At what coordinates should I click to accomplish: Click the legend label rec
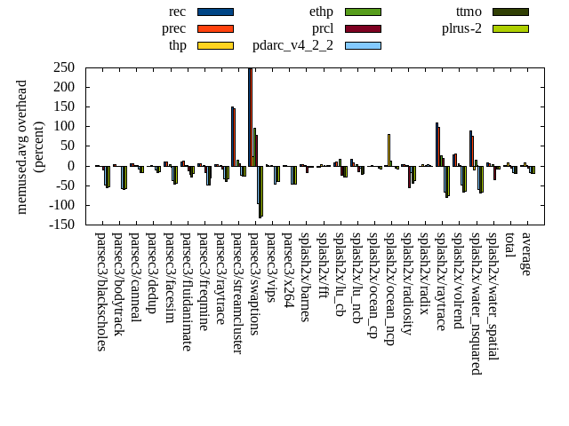(x=177, y=12)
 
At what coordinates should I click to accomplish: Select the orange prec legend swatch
(x=215, y=28)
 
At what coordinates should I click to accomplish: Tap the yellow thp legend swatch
(x=215, y=45)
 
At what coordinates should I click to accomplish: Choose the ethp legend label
(x=321, y=12)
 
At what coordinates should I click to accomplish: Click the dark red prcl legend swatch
(x=363, y=28)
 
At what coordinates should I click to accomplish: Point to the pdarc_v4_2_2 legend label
(x=293, y=45)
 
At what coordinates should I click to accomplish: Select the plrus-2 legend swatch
(x=510, y=28)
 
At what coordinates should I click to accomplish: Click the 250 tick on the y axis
(x=63, y=67)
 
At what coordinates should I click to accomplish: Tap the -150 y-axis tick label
(x=60, y=225)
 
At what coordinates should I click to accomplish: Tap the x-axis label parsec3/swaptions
(x=253, y=284)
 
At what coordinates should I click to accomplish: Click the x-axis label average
(x=526, y=254)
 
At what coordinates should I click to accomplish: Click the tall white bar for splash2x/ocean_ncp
(x=389, y=149)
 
